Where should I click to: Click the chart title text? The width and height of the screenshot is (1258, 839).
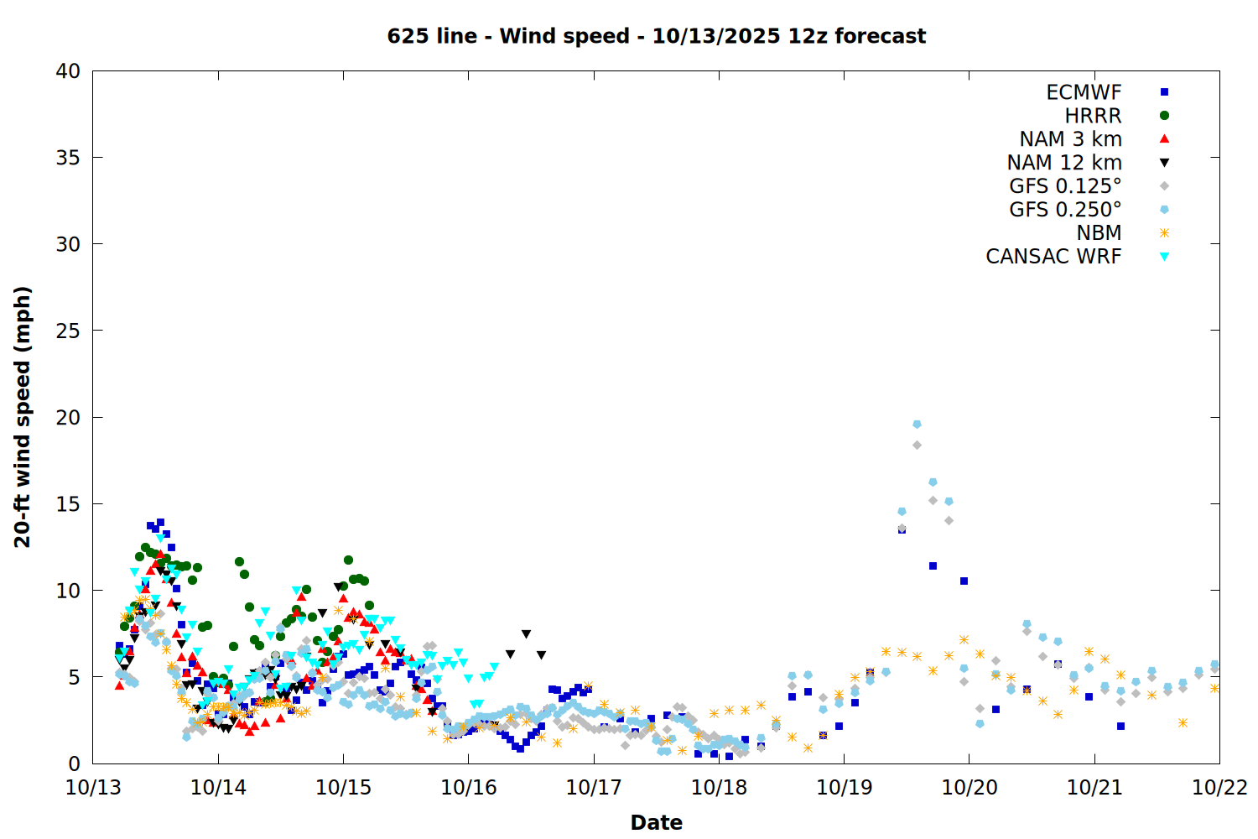[x=656, y=36]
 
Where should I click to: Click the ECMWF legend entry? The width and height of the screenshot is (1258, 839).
[x=1084, y=92]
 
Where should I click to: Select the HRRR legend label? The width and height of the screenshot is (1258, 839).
[x=1093, y=116]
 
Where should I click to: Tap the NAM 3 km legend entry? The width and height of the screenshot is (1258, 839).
[x=1070, y=139]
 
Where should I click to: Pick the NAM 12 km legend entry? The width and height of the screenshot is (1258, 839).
[x=1064, y=163]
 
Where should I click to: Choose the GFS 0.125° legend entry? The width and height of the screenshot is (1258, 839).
[x=1065, y=186]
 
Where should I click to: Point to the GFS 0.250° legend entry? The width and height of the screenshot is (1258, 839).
[x=1065, y=210]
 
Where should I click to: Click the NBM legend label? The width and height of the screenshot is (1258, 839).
[x=1099, y=233]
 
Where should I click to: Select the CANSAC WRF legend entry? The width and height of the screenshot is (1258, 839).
[x=1053, y=257]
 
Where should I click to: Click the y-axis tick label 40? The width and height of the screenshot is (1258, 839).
[x=68, y=71]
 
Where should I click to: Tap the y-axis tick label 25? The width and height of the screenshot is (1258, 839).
[x=68, y=331]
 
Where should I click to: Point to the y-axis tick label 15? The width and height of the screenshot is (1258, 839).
[x=68, y=504]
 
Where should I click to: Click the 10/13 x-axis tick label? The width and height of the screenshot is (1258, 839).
[x=93, y=788]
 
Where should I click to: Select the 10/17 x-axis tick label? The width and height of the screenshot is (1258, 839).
[x=594, y=788]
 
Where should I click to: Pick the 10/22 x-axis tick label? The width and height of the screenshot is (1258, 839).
[x=1219, y=788]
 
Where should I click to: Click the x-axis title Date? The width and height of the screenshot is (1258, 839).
[x=656, y=822]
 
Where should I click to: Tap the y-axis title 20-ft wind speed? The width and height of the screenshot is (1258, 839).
[x=23, y=417]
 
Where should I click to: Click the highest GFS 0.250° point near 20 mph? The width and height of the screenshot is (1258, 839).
[x=917, y=425]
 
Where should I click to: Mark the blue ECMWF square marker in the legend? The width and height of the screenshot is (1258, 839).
[x=1164, y=92]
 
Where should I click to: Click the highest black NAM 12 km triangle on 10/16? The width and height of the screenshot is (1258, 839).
[x=526, y=634]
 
